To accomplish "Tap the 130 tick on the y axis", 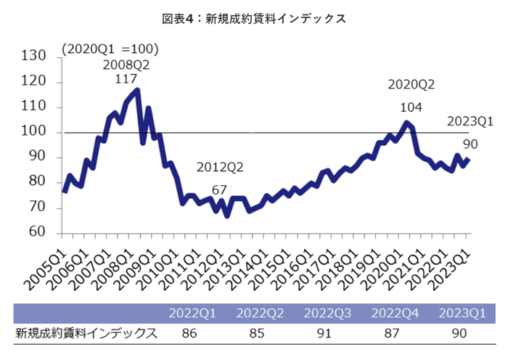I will click(x=35, y=57).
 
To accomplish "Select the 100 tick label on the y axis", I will click(x=35, y=132).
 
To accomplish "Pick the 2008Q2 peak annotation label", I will click(x=126, y=64).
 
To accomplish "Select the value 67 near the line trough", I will click(x=220, y=190).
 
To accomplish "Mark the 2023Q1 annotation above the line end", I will click(x=470, y=121).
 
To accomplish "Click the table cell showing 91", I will click(x=328, y=333).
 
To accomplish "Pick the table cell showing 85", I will click(x=261, y=333).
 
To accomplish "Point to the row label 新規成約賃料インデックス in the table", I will click(x=86, y=333).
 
